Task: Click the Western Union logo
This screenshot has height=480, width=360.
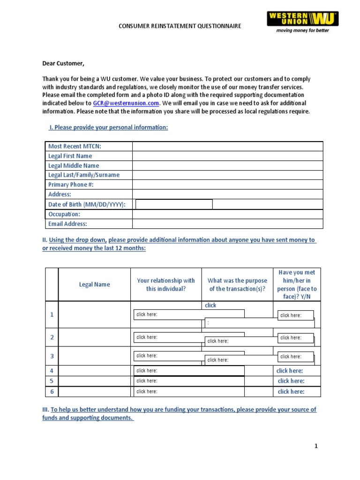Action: pos(303,22)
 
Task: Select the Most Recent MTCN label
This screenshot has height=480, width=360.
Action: pos(75,146)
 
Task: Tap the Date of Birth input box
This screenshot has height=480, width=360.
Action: pos(174,204)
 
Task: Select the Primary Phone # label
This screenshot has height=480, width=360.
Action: pos(71,185)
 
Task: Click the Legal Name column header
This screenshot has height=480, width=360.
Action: pos(95,285)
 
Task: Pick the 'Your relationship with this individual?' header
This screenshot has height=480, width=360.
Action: pos(166,285)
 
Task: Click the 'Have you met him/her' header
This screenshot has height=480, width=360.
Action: pos(297,285)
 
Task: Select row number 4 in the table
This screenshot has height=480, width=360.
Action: pos(52,371)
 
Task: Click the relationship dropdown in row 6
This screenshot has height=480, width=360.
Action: pos(188,391)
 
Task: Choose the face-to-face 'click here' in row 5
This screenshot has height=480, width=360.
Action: pos(291,381)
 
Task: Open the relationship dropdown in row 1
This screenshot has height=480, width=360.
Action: pos(188,315)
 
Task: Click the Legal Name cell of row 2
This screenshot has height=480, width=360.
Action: pos(94,337)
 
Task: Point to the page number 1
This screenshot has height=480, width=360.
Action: pos(316,446)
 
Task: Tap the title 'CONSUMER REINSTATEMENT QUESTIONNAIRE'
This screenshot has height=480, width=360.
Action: pos(180,26)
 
